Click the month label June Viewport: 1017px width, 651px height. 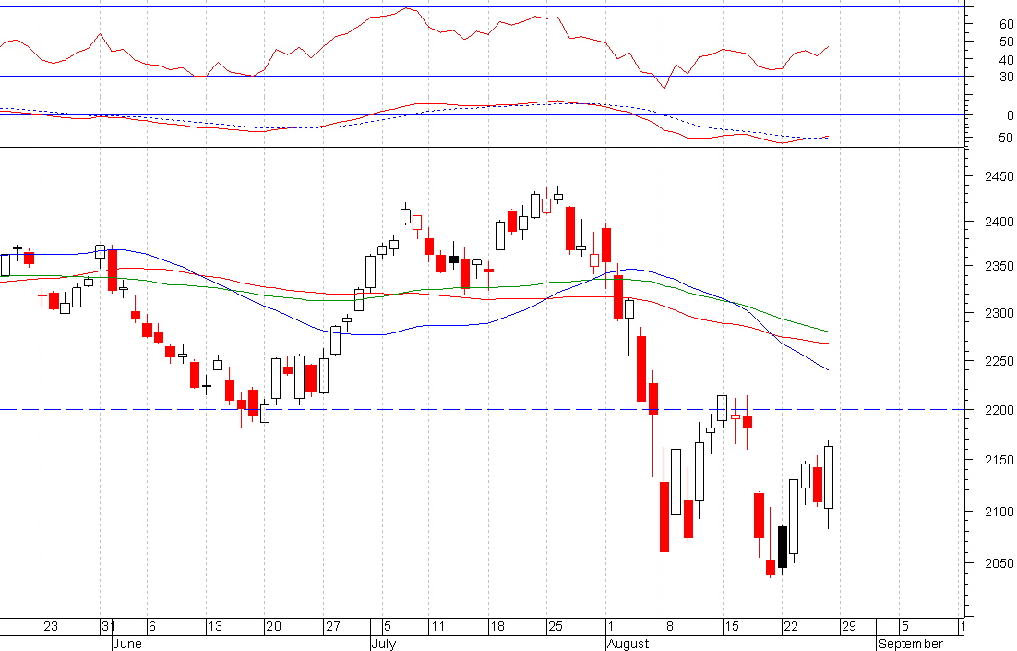point(126,644)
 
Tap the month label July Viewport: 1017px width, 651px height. point(382,644)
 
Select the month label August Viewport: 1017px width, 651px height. point(627,644)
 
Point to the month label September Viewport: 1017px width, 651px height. point(910,644)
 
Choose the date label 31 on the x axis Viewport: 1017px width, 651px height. point(107,627)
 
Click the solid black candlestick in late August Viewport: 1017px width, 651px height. point(783,547)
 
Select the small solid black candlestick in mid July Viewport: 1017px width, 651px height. point(454,259)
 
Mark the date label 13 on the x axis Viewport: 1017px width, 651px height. point(214,627)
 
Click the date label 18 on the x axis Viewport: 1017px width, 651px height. point(497,627)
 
